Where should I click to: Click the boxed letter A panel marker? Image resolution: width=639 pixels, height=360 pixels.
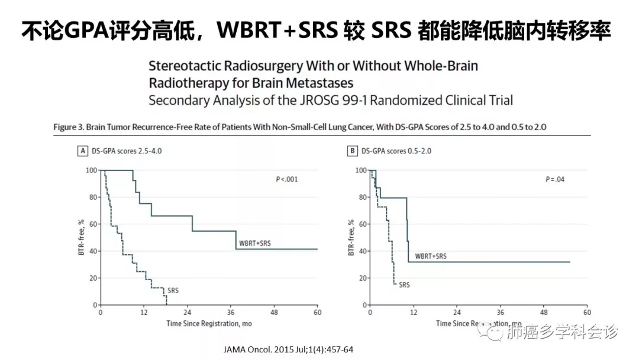pos(83,151)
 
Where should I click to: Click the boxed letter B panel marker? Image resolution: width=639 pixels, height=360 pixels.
pos(352,151)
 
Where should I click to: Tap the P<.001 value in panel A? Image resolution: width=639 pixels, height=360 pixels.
pos(288,179)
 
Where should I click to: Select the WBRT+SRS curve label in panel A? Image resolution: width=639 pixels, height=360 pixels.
pos(255,243)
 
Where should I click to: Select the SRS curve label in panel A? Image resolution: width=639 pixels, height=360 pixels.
pos(173,291)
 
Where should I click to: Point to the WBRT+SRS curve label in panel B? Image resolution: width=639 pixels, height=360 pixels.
pos(431,256)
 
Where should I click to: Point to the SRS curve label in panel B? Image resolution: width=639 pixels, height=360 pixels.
pos(404,285)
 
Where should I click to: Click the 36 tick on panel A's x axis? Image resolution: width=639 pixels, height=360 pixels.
pos(231,313)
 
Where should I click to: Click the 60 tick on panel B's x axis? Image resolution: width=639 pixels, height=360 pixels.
pos(587,313)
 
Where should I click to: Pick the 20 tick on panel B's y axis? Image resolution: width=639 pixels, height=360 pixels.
pos(361,278)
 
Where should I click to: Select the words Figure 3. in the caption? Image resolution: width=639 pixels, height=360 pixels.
pos(70,127)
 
